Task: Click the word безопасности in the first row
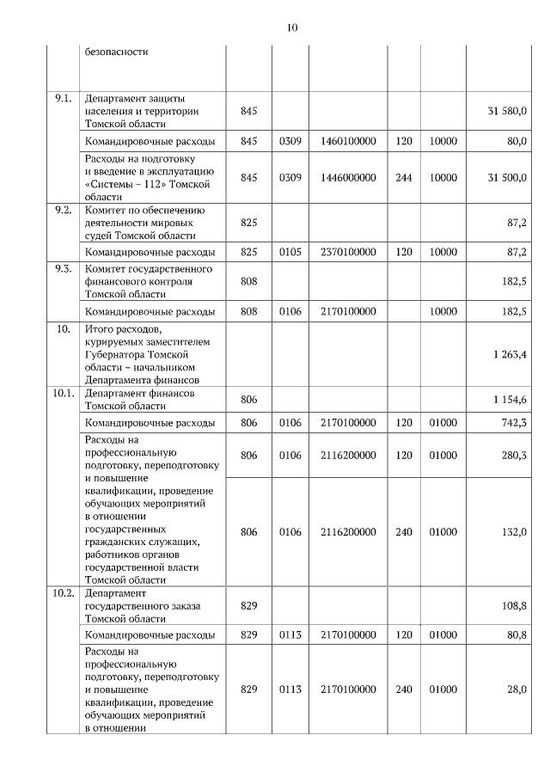[x=117, y=52]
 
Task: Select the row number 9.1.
[x=63, y=99]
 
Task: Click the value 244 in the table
[x=404, y=177]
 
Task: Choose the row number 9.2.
[x=63, y=211]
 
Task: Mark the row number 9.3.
[x=63, y=269]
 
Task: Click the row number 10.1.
[x=63, y=393]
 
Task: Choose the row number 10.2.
[x=63, y=593]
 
